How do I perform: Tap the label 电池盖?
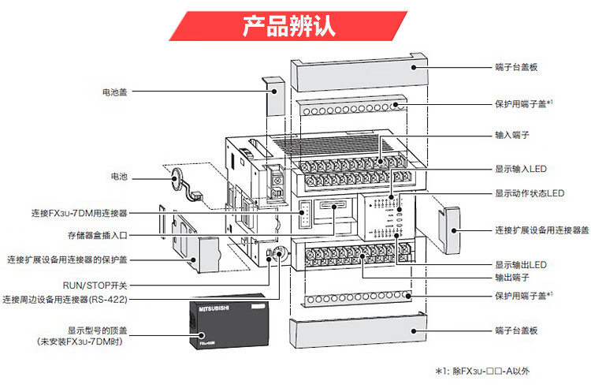115,92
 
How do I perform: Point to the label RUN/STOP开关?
95,285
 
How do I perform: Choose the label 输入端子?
511,136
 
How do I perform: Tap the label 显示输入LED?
522,169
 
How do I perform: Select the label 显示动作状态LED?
530,193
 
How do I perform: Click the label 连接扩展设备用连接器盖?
542,230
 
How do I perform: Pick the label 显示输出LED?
522,264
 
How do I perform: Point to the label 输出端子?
511,278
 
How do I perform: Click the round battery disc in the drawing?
177,180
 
